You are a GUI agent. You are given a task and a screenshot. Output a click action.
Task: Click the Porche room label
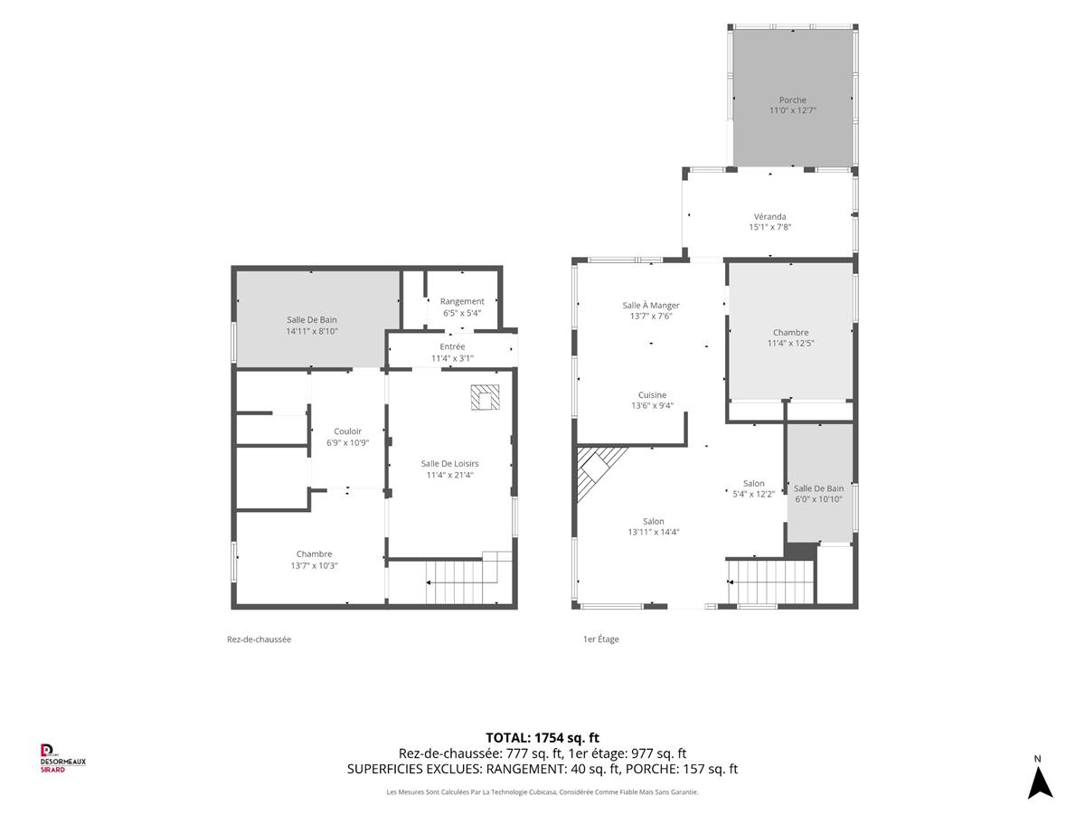(792, 99)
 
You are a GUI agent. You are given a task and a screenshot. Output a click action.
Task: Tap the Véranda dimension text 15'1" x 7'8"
(769, 227)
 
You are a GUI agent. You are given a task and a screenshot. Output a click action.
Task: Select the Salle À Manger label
(650, 305)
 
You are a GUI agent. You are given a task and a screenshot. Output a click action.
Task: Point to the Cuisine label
(652, 395)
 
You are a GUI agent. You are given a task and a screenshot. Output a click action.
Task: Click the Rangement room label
(462, 301)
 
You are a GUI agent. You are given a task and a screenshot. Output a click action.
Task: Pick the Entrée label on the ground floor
(452, 346)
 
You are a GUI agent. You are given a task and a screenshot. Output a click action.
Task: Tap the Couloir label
(347, 431)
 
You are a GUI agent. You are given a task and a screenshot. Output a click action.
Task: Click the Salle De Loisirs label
(449, 464)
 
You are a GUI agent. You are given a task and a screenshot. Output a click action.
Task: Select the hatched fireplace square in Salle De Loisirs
(485, 397)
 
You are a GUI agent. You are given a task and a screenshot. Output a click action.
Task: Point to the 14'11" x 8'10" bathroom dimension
(312, 331)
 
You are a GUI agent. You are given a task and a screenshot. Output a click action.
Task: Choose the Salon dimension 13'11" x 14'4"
(654, 532)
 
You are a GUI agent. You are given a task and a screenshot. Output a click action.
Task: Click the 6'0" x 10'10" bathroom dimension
(818, 499)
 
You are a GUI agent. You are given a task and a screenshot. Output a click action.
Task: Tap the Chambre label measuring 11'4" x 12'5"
(791, 333)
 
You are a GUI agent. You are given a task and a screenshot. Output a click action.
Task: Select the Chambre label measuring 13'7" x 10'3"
(315, 554)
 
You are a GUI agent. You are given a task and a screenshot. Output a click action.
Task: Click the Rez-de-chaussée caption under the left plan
(259, 639)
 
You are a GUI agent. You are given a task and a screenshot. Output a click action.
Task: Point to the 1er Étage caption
(600, 639)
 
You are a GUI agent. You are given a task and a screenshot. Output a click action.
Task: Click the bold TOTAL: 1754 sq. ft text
(542, 737)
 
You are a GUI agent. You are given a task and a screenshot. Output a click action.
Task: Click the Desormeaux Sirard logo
(62, 759)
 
